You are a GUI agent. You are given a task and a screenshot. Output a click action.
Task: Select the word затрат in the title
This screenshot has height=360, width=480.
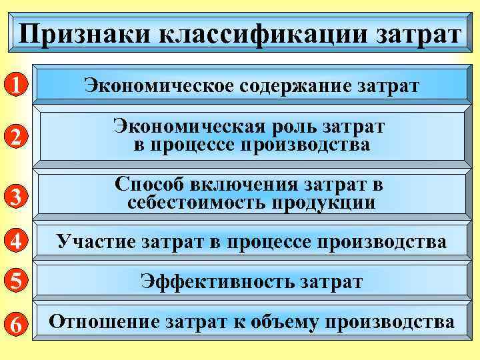(414, 33)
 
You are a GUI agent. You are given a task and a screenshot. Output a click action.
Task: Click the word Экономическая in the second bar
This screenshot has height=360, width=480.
(187, 126)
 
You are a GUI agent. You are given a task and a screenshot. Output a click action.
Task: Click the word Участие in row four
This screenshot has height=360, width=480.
(96, 241)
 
